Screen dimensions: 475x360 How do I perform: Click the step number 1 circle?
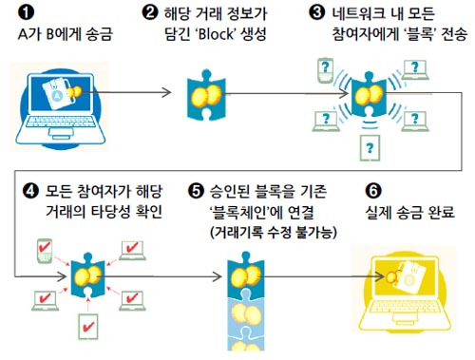pyautogui.click(x=26, y=13)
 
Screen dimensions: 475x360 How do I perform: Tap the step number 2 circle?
pyautogui.click(x=150, y=12)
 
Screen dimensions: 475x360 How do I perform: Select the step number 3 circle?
pyautogui.click(x=316, y=12)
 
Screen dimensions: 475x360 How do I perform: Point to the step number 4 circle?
pyautogui.click(x=30, y=191)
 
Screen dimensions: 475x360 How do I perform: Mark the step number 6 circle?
pyautogui.click(x=373, y=191)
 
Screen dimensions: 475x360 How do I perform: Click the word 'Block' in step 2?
pyautogui.click(x=216, y=34)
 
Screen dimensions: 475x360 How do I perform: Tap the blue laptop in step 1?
pyautogui.click(x=61, y=107)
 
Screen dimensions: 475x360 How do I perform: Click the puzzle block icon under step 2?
pyautogui.click(x=206, y=95)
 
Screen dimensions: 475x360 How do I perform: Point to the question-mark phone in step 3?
pyautogui.click(x=325, y=70)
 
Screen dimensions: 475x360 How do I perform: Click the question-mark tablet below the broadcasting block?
pyautogui.click(x=370, y=148)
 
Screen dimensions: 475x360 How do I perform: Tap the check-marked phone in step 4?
pyautogui.click(x=45, y=251)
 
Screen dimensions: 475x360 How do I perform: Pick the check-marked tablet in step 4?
pyautogui.click(x=88, y=326)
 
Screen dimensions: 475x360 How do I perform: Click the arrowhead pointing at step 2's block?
pyautogui.click(x=166, y=92)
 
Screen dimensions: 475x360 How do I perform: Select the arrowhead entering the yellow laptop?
pyautogui.click(x=379, y=276)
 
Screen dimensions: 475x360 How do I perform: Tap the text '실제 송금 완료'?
pyautogui.click(x=410, y=213)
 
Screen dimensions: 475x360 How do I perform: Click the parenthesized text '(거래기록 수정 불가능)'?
pyautogui.click(x=274, y=232)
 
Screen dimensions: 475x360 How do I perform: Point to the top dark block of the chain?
pyautogui.click(x=246, y=275)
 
